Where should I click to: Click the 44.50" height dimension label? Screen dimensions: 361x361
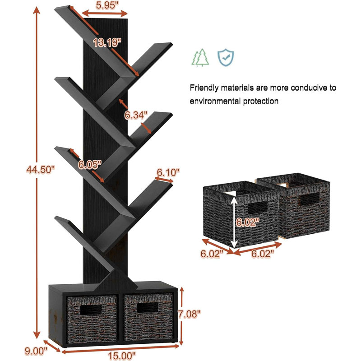(41, 170)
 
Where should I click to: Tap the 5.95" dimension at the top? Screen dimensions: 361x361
(106, 5)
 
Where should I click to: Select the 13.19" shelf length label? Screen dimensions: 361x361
(107, 42)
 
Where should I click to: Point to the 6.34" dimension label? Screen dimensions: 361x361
(136, 115)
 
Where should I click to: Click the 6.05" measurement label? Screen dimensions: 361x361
(89, 165)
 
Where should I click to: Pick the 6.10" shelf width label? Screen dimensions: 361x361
(168, 172)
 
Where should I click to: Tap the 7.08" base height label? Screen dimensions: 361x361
(190, 314)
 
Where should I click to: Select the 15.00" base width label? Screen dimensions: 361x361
(122, 356)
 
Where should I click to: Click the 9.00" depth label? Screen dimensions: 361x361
(36, 351)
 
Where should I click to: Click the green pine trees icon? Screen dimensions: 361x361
(200, 58)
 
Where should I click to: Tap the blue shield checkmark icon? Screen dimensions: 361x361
(226, 57)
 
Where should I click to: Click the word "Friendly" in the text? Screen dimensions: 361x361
(204, 88)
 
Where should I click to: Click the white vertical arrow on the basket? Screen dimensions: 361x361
(234, 219)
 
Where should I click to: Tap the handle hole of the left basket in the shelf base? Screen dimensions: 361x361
(91, 310)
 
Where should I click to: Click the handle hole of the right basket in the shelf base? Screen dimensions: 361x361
(148, 308)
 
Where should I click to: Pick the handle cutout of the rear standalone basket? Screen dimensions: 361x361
(310, 198)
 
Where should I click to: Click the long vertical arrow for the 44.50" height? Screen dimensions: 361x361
(37, 173)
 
